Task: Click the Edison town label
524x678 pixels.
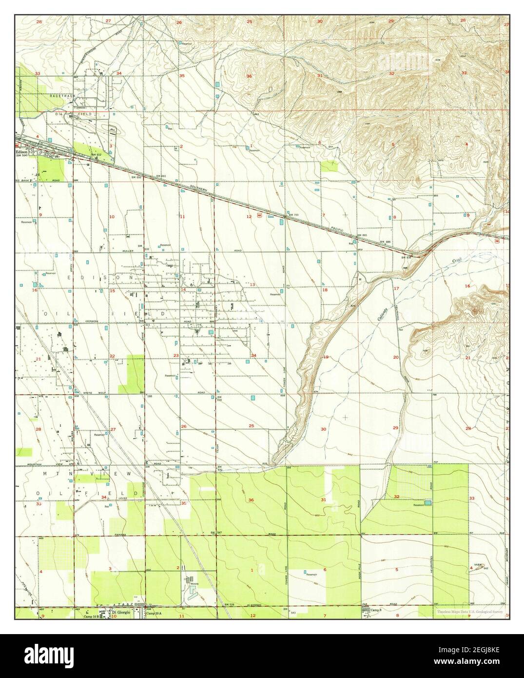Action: click(x=22, y=151)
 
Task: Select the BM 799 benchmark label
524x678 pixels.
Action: click(x=293, y=215)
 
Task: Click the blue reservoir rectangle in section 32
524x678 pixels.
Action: click(x=427, y=502)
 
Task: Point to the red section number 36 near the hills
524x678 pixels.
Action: click(x=249, y=77)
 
